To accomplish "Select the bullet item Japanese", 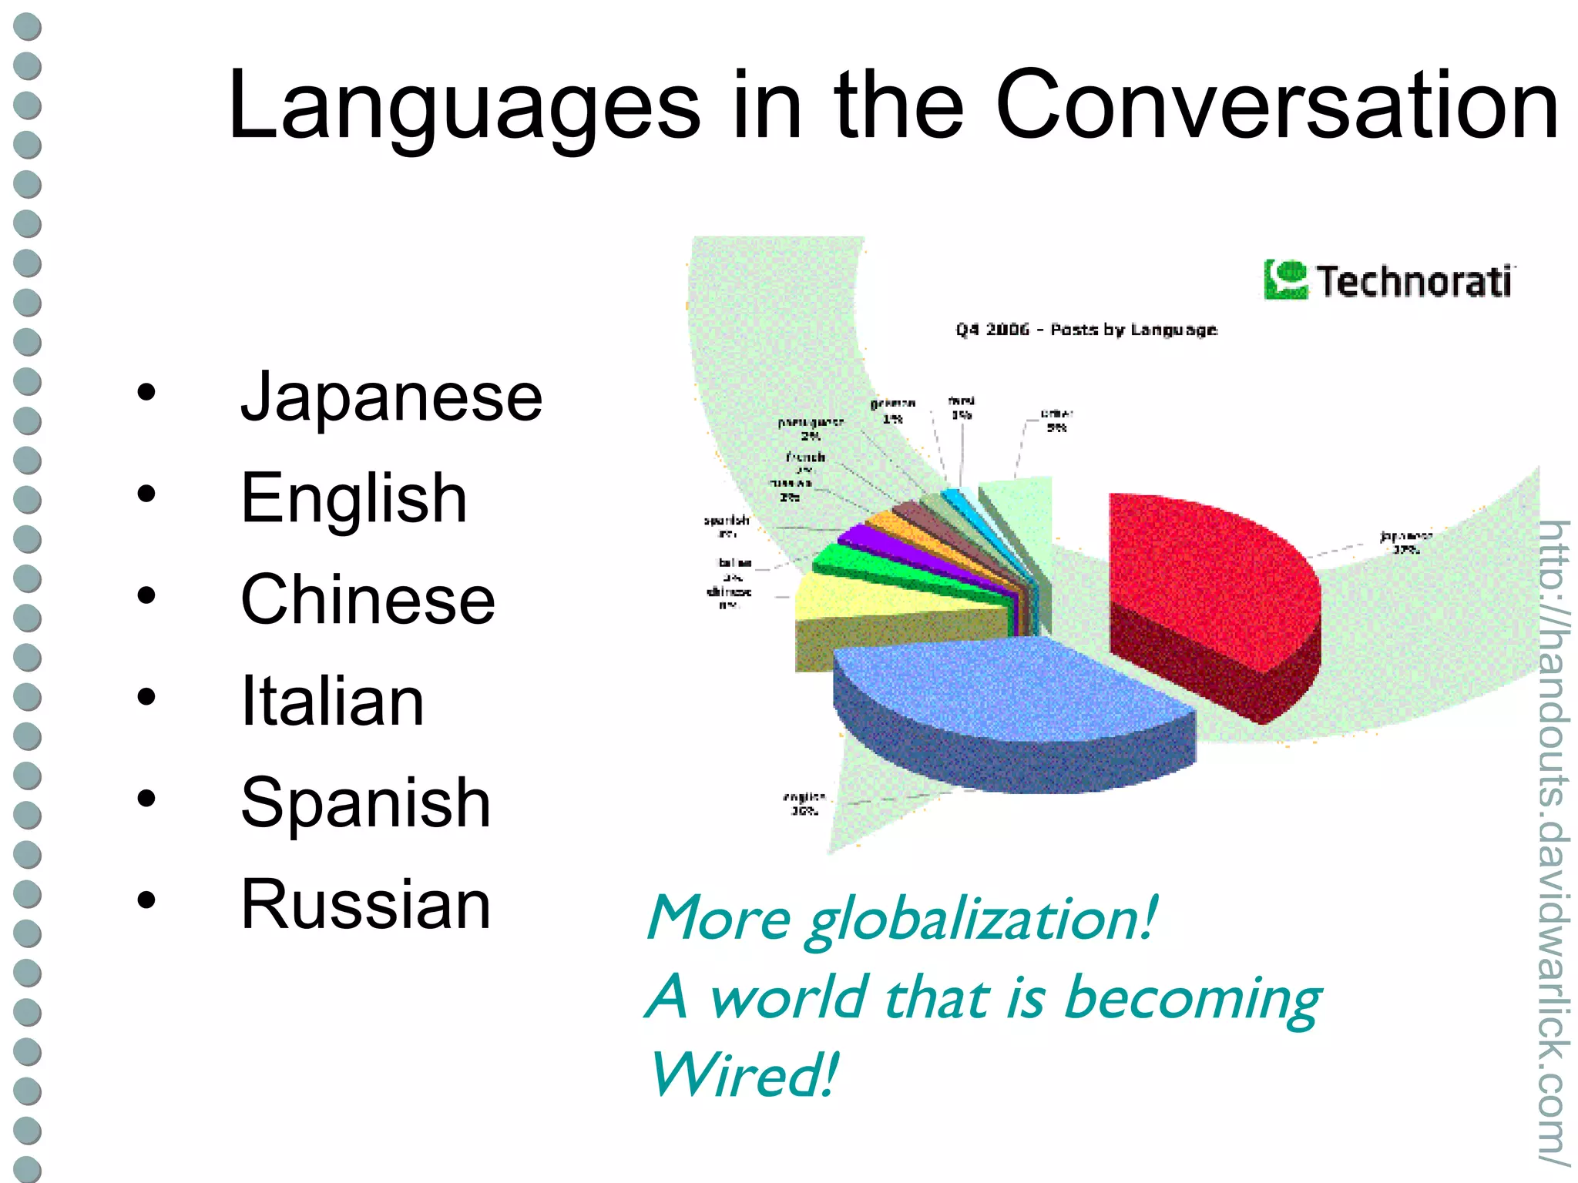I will pyautogui.click(x=391, y=397).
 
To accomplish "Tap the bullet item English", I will pyautogui.click(x=354, y=499).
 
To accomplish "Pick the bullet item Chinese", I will pyautogui.click(x=368, y=600).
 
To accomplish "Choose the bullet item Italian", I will pyautogui.click(x=332, y=702).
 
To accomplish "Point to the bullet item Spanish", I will pyautogui.click(x=365, y=803).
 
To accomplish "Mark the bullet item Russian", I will pyautogui.click(x=365, y=905).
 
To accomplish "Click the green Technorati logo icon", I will pyautogui.click(x=1285, y=280).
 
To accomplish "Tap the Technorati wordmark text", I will pyautogui.click(x=1413, y=281).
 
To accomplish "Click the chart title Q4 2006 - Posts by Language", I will pyautogui.click(x=1086, y=330).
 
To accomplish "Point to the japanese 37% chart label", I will pyautogui.click(x=1405, y=542).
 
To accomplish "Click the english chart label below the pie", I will pyautogui.click(x=804, y=803).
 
